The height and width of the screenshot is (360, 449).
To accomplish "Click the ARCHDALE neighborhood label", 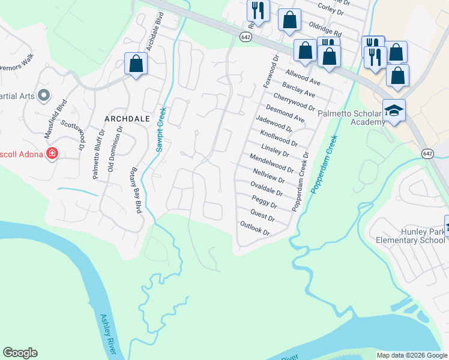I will pos(127,119).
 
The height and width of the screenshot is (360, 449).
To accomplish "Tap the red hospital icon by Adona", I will pos(52,154).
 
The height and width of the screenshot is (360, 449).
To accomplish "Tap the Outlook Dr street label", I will pos(256,228).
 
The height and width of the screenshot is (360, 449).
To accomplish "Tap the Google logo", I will pos(20,353).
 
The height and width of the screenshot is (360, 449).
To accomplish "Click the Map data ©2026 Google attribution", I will pos(412,355).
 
